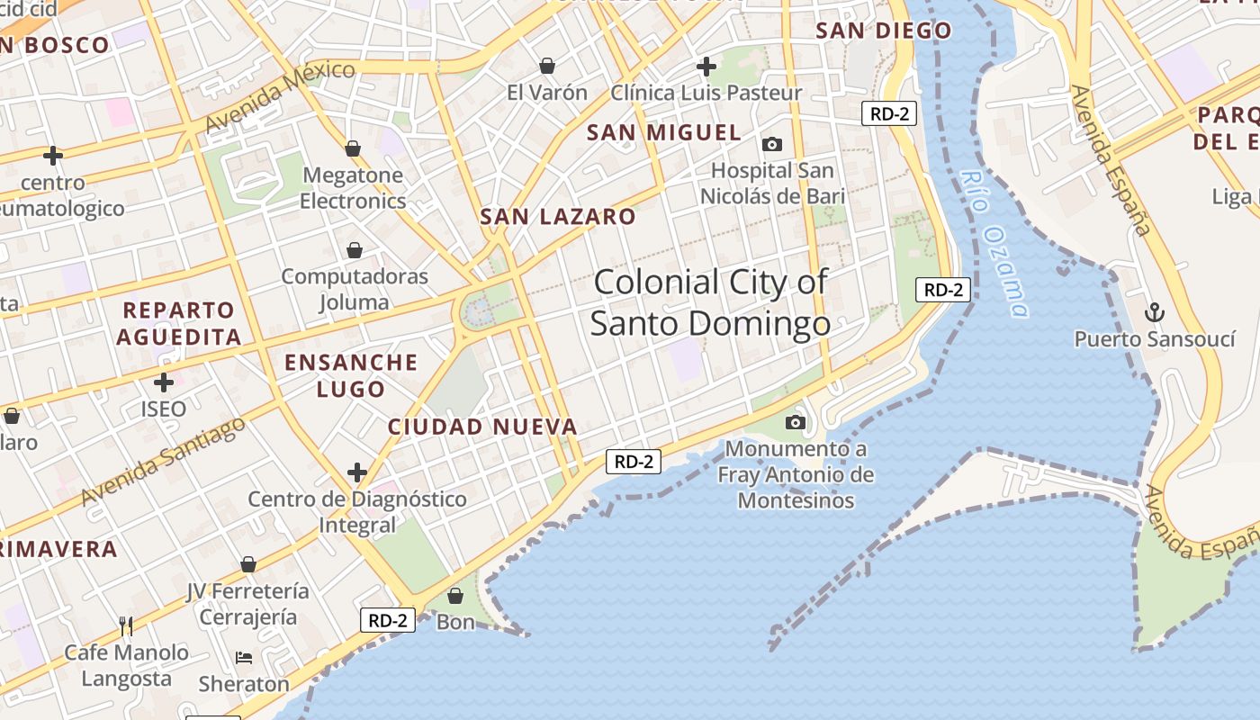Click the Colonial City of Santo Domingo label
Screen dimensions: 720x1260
[x=710, y=302]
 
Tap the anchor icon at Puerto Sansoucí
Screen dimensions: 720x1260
[x=1154, y=312]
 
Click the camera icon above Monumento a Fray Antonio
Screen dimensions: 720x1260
[x=795, y=422]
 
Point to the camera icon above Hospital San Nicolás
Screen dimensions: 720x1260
[x=771, y=144]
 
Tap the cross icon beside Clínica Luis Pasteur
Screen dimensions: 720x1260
[x=706, y=66]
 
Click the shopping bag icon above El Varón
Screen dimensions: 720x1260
[x=546, y=66]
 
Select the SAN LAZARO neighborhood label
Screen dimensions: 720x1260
[x=558, y=217]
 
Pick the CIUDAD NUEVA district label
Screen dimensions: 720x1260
[x=482, y=427]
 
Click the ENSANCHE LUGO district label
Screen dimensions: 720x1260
[x=351, y=375]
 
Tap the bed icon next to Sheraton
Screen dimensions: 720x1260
[x=244, y=658]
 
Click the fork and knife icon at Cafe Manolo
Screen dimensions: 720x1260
[x=126, y=625]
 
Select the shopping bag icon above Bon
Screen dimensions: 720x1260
[x=455, y=596]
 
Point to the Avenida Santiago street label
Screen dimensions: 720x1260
[x=163, y=462]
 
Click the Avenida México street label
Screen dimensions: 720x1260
[x=280, y=96]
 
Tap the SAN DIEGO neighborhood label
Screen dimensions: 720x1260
[x=883, y=31]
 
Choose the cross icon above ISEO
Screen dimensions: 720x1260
[x=163, y=382]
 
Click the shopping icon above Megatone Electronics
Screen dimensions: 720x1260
[x=353, y=148]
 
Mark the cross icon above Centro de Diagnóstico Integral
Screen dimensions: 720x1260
[x=357, y=472]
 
